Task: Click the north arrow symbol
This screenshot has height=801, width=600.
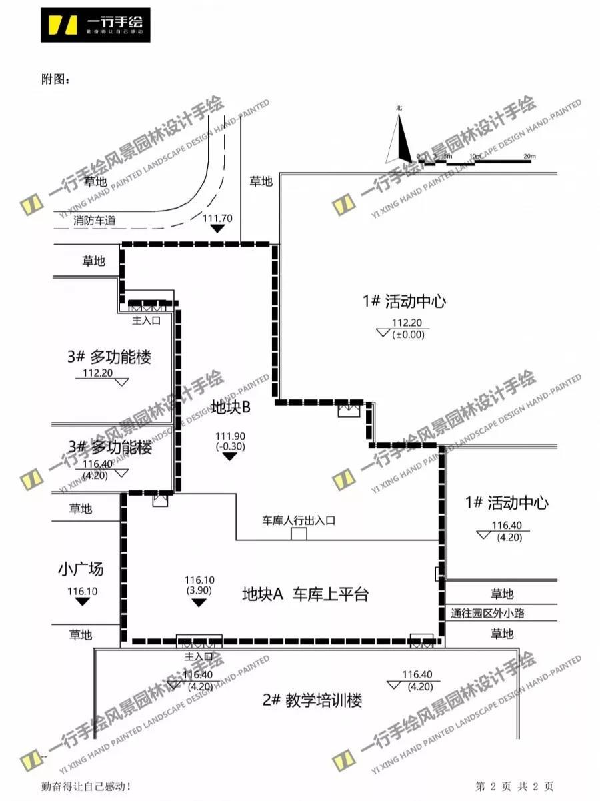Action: click(400, 138)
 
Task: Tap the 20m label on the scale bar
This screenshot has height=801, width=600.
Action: click(529, 156)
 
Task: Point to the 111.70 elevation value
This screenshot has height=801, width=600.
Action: click(217, 218)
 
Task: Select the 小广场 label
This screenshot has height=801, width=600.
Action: click(81, 570)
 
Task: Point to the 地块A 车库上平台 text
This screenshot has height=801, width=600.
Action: click(305, 594)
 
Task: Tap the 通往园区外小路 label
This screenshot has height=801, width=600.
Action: click(487, 613)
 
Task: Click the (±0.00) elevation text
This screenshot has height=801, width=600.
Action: click(408, 335)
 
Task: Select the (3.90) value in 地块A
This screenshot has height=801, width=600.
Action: click(198, 590)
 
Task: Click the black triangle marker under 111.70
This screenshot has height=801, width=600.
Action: click(217, 229)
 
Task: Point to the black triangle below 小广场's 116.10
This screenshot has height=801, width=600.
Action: click(83, 602)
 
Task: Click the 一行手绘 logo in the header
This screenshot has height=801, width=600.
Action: click(95, 25)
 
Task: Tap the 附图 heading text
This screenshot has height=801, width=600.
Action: click(55, 80)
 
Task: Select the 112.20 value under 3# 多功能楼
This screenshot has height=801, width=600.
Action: click(97, 373)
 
